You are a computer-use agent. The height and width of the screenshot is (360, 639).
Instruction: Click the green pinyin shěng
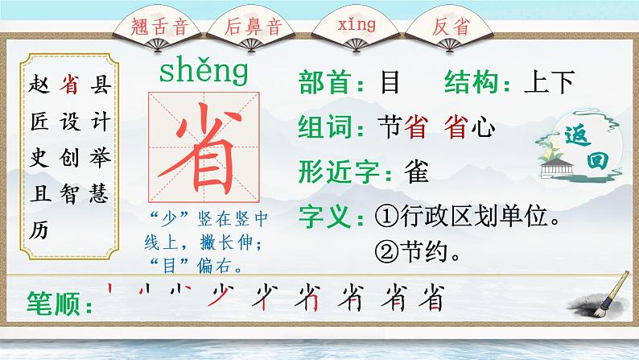(x=204, y=72)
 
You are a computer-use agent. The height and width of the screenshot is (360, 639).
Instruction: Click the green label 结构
(x=474, y=82)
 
